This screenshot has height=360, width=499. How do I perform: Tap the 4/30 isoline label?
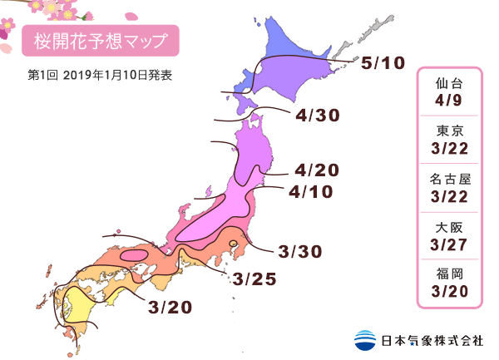click(318, 116)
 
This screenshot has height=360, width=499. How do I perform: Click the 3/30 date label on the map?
click(300, 250)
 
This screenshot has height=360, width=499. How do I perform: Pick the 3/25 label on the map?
click(254, 279)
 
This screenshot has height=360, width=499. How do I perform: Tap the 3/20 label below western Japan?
click(170, 307)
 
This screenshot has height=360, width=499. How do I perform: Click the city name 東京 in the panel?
click(451, 130)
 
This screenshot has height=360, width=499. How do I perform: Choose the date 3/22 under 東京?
click(451, 149)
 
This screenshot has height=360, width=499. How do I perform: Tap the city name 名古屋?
click(451, 178)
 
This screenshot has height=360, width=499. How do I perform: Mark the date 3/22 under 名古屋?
click(451, 197)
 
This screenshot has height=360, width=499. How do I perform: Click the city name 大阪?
click(451, 225)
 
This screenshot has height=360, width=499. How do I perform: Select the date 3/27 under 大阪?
click(451, 244)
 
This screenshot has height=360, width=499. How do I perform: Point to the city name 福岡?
click(451, 272)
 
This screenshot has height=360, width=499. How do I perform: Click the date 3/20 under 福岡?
click(451, 291)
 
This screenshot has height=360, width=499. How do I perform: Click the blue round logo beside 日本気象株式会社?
click(364, 340)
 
